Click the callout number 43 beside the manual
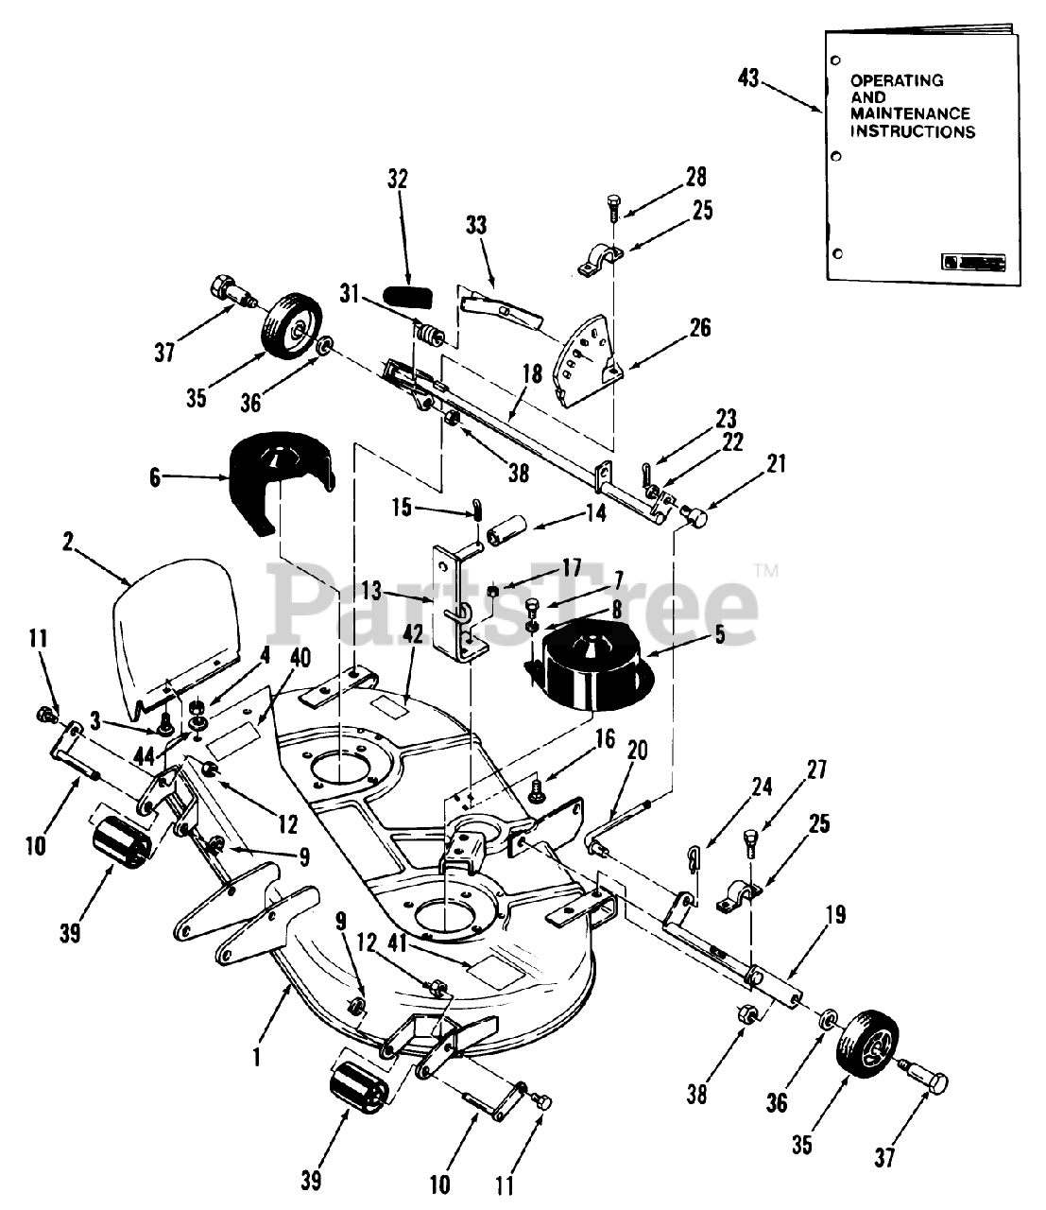tap(747, 78)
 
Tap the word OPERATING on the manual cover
tap(897, 80)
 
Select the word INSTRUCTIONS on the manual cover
tap(913, 131)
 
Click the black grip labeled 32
tap(409, 296)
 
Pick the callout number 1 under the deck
tap(256, 1058)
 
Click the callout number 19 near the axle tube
tap(836, 914)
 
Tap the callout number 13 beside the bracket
tap(372, 590)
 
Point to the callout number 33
tap(476, 225)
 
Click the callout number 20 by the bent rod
tap(637, 750)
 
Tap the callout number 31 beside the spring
tap(350, 293)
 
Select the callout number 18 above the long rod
tap(532, 372)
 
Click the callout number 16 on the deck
tap(605, 738)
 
